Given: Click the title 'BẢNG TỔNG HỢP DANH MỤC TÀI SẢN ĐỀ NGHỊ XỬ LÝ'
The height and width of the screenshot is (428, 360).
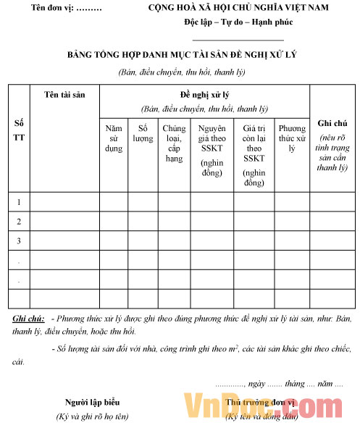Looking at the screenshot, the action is coord(182,55).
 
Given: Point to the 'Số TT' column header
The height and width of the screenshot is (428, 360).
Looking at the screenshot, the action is coord(19,131).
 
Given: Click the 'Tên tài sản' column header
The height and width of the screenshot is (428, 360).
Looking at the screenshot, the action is coord(64,95).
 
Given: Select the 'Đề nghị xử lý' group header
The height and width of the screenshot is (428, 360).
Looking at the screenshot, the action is coord(205,95).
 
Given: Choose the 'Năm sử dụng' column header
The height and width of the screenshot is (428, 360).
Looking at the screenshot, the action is coord(114,138).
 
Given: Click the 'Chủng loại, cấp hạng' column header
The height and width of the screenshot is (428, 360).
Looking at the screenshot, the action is coord(174,138).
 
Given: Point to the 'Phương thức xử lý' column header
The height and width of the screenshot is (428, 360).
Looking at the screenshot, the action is coord(292,138).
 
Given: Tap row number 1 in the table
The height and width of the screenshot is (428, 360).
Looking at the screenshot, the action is coord(19,201).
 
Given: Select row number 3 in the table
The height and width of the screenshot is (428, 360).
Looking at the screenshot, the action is coord(19,240).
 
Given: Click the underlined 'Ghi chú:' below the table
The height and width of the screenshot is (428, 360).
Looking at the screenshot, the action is coord(28,319).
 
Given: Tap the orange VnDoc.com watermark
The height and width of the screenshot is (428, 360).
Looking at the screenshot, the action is coord(258,407).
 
